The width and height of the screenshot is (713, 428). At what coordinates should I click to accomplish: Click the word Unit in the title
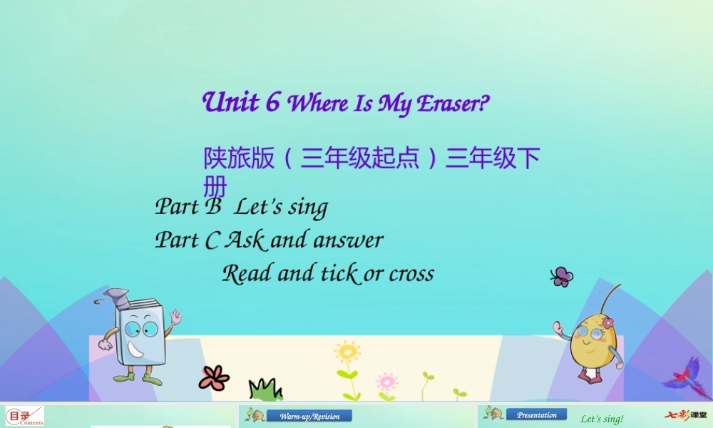(x=230, y=102)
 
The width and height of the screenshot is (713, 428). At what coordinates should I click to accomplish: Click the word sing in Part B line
(x=308, y=208)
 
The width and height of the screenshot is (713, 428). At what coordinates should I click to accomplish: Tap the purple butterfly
(x=562, y=277)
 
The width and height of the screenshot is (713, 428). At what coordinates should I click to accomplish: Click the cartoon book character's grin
(x=137, y=350)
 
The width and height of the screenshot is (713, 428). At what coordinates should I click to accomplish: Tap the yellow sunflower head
(x=348, y=352)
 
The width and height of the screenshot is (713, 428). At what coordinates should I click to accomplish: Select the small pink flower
(x=386, y=380)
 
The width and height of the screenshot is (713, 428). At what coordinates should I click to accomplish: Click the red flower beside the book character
(x=213, y=377)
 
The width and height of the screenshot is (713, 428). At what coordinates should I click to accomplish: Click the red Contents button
(x=24, y=417)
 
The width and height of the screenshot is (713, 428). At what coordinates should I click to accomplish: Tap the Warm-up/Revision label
(x=309, y=416)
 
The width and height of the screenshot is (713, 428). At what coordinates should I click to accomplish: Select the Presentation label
(x=537, y=414)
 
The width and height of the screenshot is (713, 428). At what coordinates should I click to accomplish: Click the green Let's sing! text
(x=602, y=419)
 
